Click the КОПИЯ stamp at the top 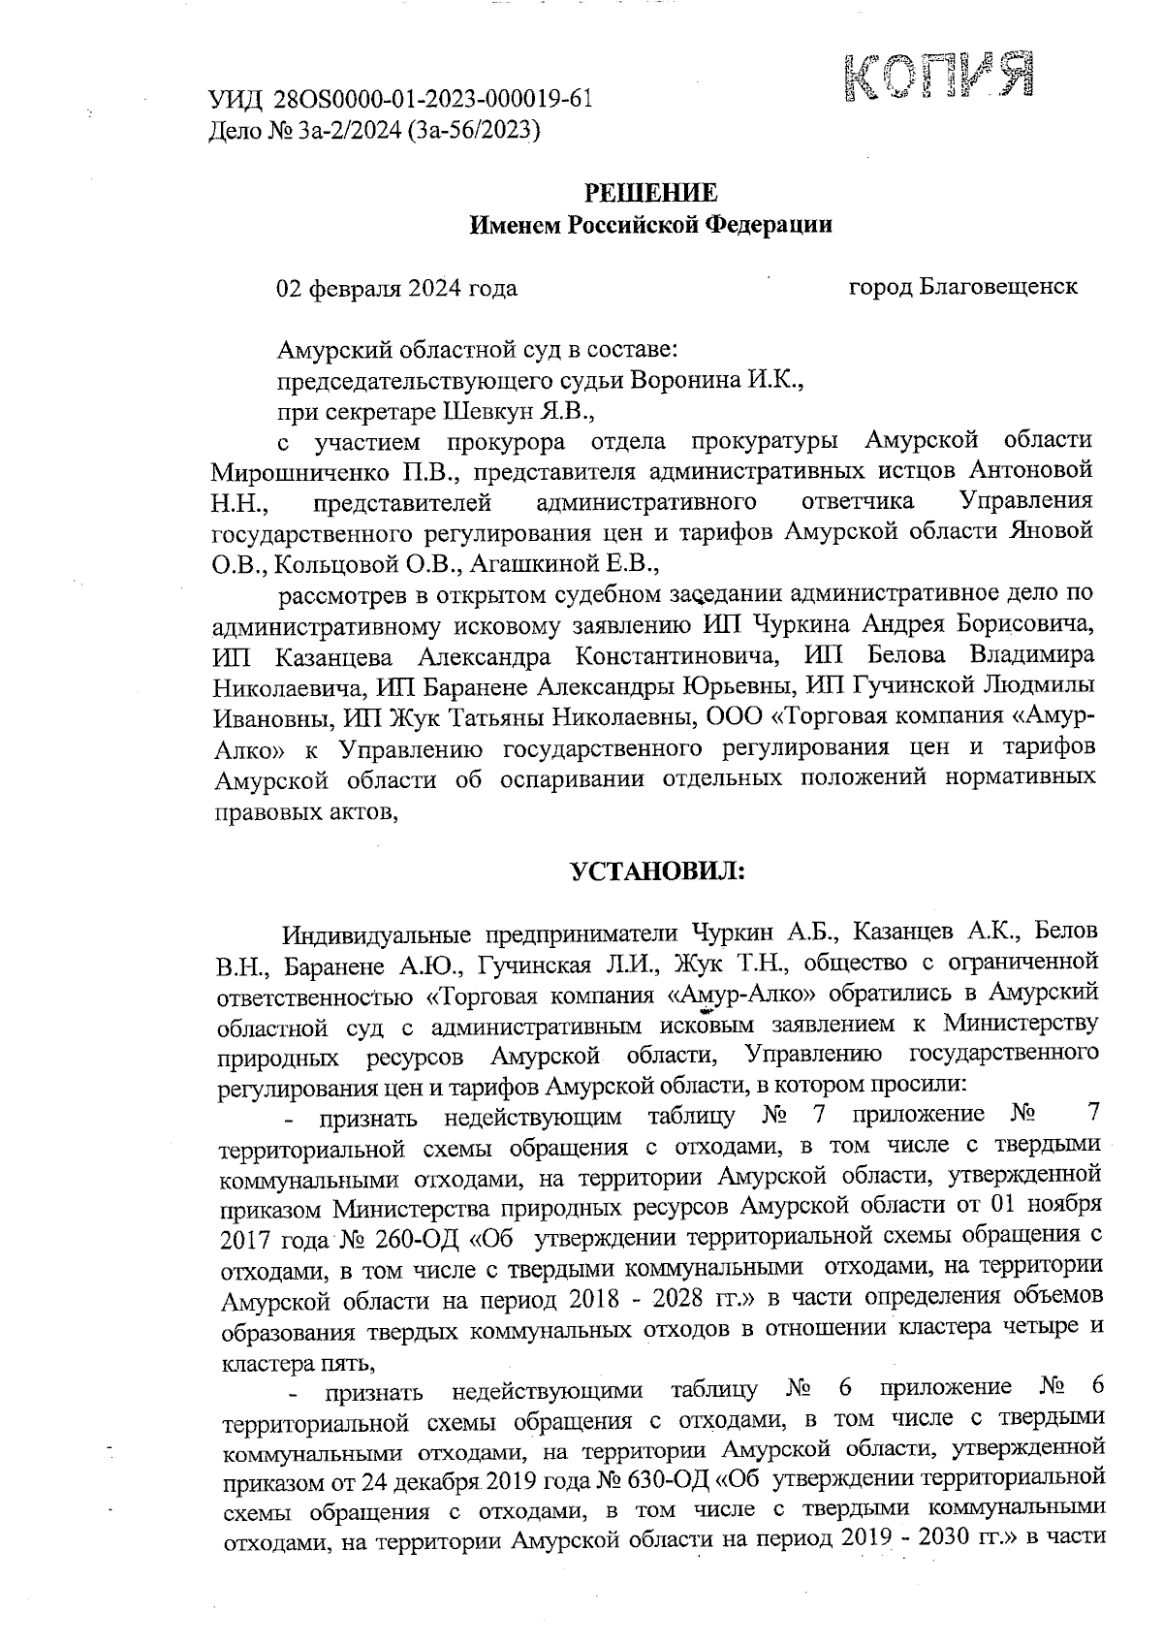pos(937,75)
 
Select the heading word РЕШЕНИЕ pos(650,192)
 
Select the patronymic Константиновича pos(679,655)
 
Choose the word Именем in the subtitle pos(514,225)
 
